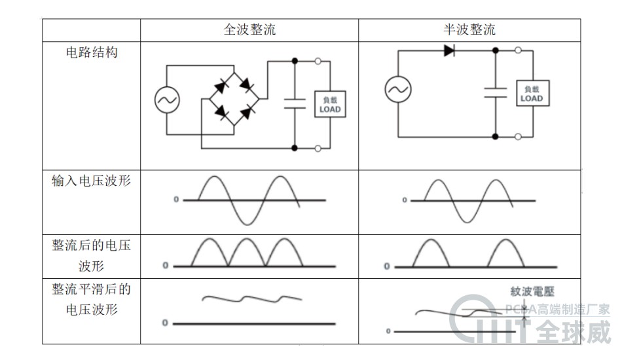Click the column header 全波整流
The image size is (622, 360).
(x=249, y=30)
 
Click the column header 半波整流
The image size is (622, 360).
(x=469, y=30)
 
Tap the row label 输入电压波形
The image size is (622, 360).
(x=91, y=181)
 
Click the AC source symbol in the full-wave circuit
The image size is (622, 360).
(x=167, y=100)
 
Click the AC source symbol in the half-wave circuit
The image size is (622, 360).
(x=397, y=89)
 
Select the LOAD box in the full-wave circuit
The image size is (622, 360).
(x=329, y=105)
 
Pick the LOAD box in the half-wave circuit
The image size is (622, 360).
(x=532, y=94)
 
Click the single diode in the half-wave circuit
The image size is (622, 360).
(x=450, y=50)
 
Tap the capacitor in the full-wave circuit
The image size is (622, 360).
(x=295, y=102)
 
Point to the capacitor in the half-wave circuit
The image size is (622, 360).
(x=496, y=92)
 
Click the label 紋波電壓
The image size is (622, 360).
(x=532, y=292)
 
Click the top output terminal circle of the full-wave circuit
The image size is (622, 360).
(x=318, y=62)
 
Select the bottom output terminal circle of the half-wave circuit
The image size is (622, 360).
(x=518, y=137)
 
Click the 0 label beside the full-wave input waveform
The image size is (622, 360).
(x=175, y=200)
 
